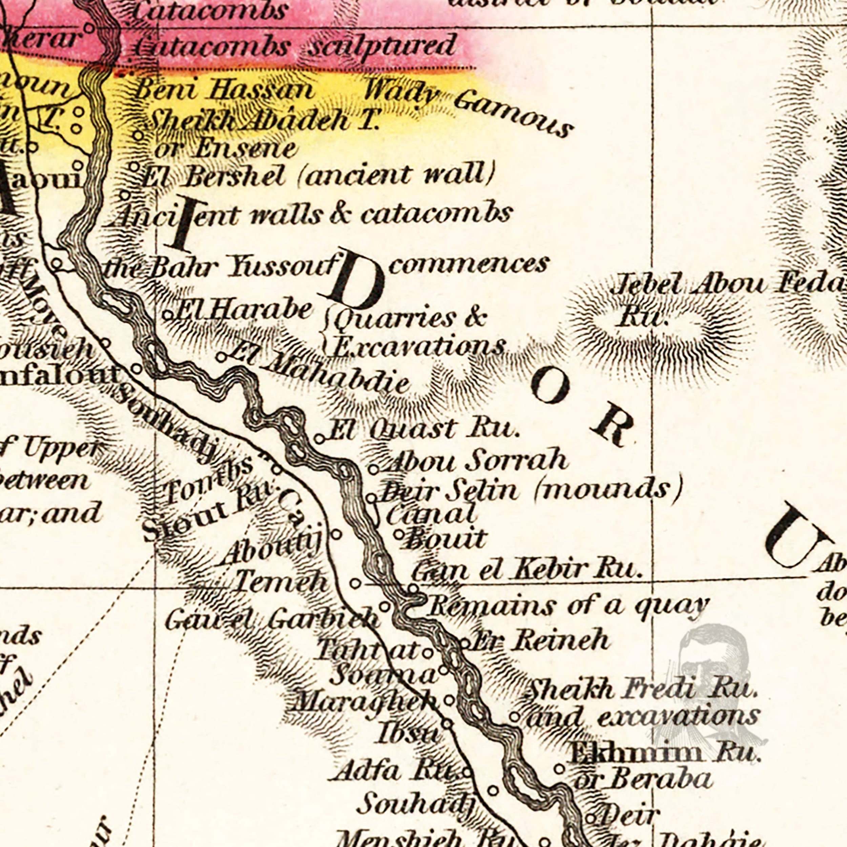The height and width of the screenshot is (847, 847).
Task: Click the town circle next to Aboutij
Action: point(336,534)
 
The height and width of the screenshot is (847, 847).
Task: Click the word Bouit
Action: point(446,539)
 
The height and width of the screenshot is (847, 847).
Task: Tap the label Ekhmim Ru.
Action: point(664,753)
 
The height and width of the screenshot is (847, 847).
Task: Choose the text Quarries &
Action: point(410,319)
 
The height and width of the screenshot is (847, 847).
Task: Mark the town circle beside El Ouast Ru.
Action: point(319,439)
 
